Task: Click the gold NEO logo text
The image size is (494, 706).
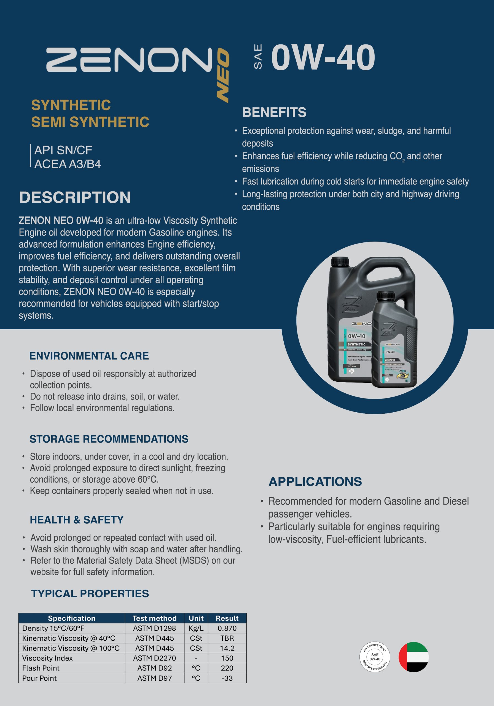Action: (223, 75)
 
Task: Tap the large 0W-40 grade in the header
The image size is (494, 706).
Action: (323, 58)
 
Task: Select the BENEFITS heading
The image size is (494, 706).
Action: (274, 112)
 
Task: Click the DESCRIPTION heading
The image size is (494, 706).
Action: (75, 197)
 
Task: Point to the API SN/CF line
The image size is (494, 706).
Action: (63, 150)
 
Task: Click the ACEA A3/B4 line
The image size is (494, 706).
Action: (68, 164)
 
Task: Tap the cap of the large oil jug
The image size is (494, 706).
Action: (340, 262)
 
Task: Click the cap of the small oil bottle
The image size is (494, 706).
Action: (386, 296)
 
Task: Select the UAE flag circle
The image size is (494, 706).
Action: (414, 657)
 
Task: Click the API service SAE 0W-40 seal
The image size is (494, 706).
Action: (375, 657)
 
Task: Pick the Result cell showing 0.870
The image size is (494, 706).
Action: (227, 628)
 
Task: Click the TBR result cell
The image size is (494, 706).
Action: (227, 638)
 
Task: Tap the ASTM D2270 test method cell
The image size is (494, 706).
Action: (154, 658)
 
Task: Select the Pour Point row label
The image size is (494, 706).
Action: (39, 678)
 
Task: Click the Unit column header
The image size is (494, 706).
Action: (196, 618)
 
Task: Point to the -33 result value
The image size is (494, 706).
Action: (227, 678)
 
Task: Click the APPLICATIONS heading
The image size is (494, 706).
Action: (315, 482)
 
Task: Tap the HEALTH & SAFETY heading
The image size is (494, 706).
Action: (77, 520)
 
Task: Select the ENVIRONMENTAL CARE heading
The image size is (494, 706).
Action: (89, 356)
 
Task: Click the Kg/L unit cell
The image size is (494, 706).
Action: (196, 628)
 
